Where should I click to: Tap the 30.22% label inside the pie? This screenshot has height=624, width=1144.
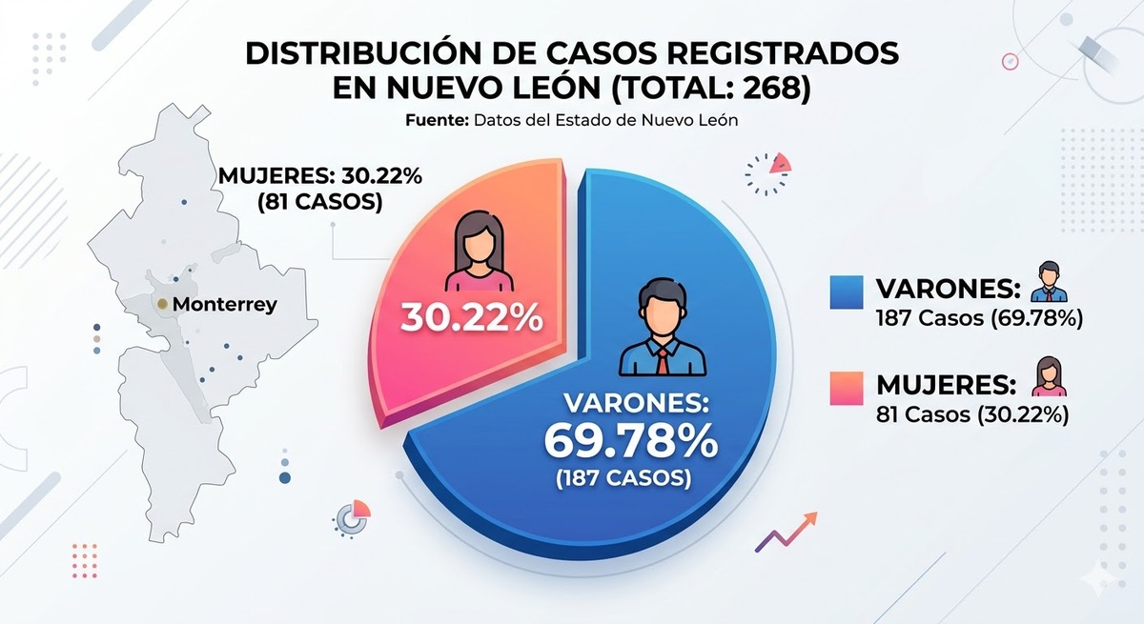[x=472, y=317]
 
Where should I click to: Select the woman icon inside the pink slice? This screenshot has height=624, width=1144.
[x=473, y=252]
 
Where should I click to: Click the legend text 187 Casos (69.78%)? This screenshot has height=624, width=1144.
[x=978, y=319]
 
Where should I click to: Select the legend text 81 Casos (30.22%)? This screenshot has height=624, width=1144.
[x=971, y=414]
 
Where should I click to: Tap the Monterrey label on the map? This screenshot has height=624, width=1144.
[x=226, y=306]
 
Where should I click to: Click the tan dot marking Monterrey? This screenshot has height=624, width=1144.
[x=163, y=305]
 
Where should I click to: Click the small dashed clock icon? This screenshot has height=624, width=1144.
[x=767, y=172]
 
